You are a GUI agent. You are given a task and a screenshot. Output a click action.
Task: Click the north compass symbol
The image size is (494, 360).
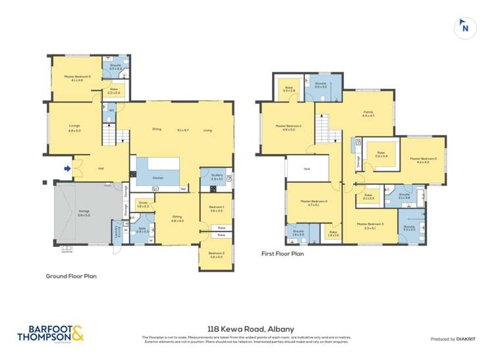(x=465, y=27)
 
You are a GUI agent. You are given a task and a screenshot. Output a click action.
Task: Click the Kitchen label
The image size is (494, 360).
(x=158, y=178)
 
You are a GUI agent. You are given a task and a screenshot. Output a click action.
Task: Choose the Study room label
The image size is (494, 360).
(x=142, y=204)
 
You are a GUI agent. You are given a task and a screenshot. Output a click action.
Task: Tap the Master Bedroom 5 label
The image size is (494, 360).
(x=73, y=78)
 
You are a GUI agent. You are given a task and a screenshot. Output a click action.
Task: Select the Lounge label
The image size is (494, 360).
(x=74, y=128)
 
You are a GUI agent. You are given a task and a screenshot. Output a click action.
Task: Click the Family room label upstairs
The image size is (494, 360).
(x=368, y=113)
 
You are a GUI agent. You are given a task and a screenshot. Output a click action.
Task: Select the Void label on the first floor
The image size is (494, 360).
(x=306, y=168)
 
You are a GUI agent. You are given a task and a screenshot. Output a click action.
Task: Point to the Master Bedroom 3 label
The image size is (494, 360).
(x=370, y=224)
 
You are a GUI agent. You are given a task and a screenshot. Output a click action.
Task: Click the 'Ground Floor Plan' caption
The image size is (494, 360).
(x=70, y=276)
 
